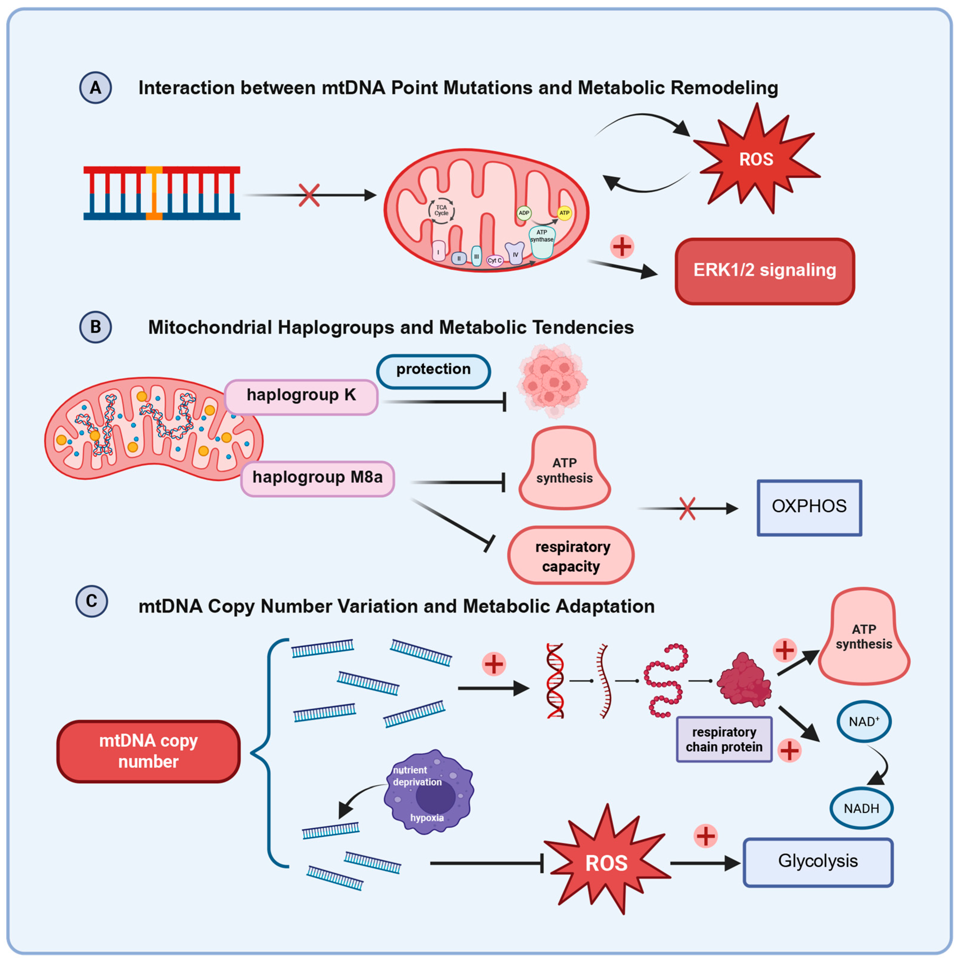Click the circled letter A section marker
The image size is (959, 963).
pyautogui.click(x=95, y=88)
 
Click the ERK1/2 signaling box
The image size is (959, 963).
pyautogui.click(x=765, y=271)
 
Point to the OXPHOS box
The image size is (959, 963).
pyautogui.click(x=809, y=507)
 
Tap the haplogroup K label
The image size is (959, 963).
pyautogui.click(x=301, y=396)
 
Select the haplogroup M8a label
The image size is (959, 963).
pyautogui.click(x=317, y=478)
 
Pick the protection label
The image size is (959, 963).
pyautogui.click(x=433, y=370)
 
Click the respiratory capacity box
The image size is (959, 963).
pyautogui.click(x=571, y=556)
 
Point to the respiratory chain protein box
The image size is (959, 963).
pyautogui.click(x=724, y=740)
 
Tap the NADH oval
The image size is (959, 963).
pyautogui.click(x=861, y=808)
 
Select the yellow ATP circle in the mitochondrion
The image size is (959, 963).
pyautogui.click(x=564, y=213)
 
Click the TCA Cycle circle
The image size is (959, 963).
pyautogui.click(x=441, y=210)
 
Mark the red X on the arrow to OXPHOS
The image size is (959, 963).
pyautogui.click(x=687, y=508)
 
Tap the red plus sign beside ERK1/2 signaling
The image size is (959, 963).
pyautogui.click(x=622, y=246)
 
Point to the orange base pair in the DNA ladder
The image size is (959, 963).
pyautogui.click(x=154, y=193)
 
